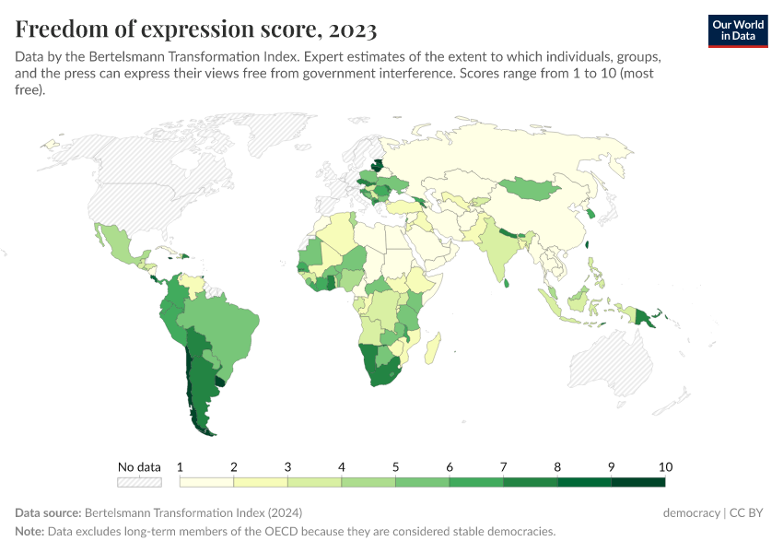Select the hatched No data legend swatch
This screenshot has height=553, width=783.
(139, 481)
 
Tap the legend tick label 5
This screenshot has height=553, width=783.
(396, 466)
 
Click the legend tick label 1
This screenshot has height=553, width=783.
(181, 466)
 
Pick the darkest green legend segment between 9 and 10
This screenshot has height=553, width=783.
(637, 481)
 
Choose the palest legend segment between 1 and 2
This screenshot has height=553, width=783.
(207, 481)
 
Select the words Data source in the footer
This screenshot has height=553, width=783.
(48, 512)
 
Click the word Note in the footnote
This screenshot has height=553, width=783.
(29, 532)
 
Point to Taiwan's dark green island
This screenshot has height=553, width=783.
(588, 246)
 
